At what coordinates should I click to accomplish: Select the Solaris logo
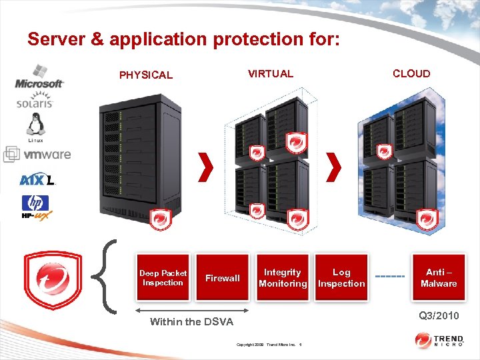tap(35, 103)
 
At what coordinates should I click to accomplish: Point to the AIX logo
tap(37, 179)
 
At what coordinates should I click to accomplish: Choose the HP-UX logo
tap(36, 207)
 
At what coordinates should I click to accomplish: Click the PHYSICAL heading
tap(145, 75)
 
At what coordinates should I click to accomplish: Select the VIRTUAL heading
tap(270, 73)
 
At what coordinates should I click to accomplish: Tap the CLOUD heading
tap(411, 73)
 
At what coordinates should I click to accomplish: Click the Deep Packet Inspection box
tap(163, 278)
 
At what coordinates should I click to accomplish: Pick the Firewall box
tap(223, 278)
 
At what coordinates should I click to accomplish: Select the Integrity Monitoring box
tap(283, 278)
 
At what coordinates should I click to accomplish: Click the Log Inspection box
tap(341, 278)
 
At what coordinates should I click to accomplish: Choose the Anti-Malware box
tap(439, 278)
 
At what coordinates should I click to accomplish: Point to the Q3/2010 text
tap(439, 315)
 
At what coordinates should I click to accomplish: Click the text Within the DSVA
tap(191, 322)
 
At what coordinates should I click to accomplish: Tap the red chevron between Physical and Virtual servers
tap(207, 167)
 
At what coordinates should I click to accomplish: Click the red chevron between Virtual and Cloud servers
tap(335, 167)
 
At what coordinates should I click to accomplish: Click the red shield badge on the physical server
tap(159, 218)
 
